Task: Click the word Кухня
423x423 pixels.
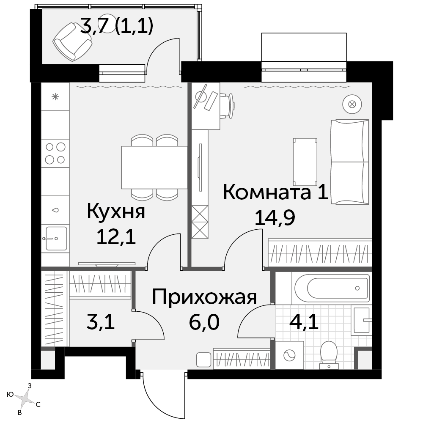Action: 116,212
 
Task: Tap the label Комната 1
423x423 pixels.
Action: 276,192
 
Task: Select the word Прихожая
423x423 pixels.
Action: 204,297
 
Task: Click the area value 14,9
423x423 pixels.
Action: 275,217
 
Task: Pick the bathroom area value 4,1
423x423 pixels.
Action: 304,322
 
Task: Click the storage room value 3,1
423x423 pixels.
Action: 101,322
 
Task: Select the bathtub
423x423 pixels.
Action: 332,288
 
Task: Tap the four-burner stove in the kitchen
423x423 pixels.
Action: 55,153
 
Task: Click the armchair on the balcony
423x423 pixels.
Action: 73,41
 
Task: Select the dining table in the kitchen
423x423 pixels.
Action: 154,167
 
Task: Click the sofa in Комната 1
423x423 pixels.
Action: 350,162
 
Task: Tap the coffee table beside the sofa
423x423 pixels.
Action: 305,162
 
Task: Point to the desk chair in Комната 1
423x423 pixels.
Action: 227,106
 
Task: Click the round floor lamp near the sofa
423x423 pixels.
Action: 352,104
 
